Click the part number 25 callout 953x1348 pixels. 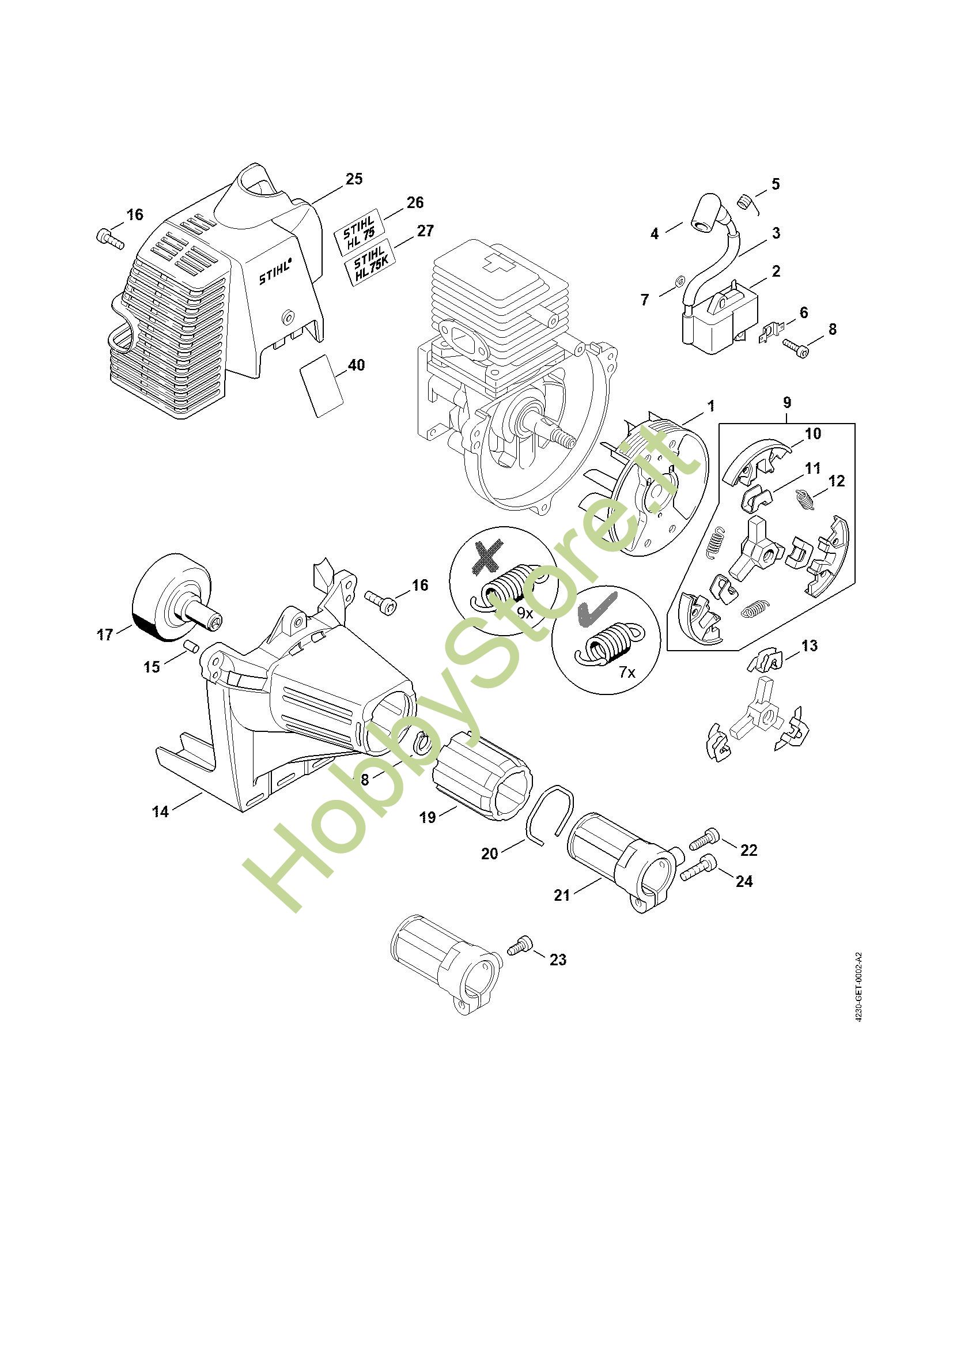[354, 179]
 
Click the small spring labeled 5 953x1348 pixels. [744, 202]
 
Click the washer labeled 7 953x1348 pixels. [678, 281]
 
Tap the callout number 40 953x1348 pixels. [356, 365]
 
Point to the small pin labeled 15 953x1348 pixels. [190, 647]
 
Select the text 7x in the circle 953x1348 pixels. [627, 672]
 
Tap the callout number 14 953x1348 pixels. [160, 811]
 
